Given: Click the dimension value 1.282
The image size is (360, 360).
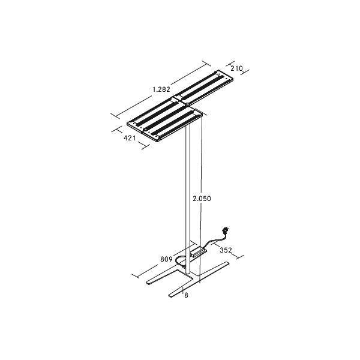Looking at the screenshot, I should tap(161, 89).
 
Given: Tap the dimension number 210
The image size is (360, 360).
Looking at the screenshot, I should tap(236, 68).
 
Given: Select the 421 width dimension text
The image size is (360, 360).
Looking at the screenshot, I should tap(130, 138).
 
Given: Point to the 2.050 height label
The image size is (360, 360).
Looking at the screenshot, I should tap(202, 198).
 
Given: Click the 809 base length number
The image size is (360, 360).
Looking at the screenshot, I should tap(166, 260).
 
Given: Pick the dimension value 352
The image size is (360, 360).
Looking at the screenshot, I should tap(226, 250).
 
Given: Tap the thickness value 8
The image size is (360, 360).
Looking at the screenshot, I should tap(187, 295).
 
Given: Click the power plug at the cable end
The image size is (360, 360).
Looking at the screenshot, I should tap(227, 230).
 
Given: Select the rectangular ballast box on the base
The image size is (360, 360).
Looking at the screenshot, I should tap(197, 253).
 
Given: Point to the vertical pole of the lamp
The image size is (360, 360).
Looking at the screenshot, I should tap(189, 198).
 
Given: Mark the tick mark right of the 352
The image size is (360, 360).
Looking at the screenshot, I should tap(241, 257).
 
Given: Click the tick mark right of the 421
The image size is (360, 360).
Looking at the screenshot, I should tap(142, 145).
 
